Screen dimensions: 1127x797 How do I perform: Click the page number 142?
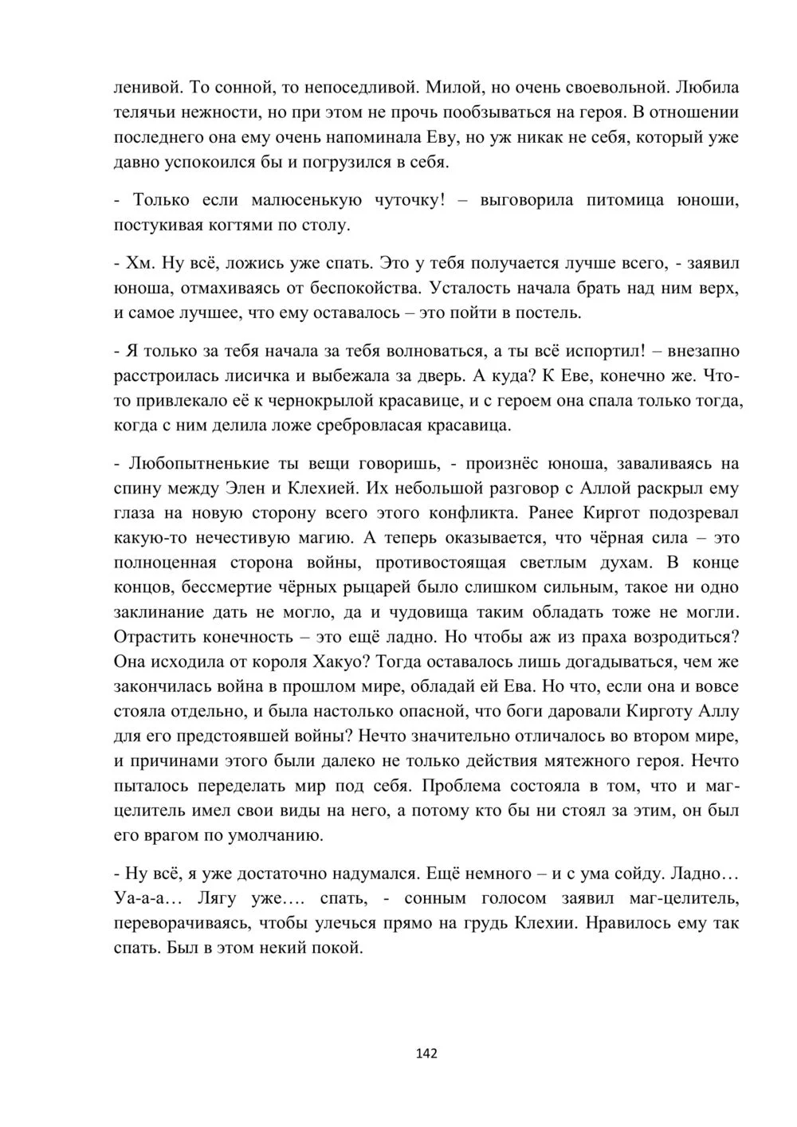pos(426,1054)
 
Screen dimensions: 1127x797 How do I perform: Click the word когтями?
pos(239,225)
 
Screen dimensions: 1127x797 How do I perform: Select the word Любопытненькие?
pos(199,463)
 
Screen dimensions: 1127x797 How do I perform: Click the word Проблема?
pos(465,786)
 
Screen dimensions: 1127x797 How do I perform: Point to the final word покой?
pos(339,948)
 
